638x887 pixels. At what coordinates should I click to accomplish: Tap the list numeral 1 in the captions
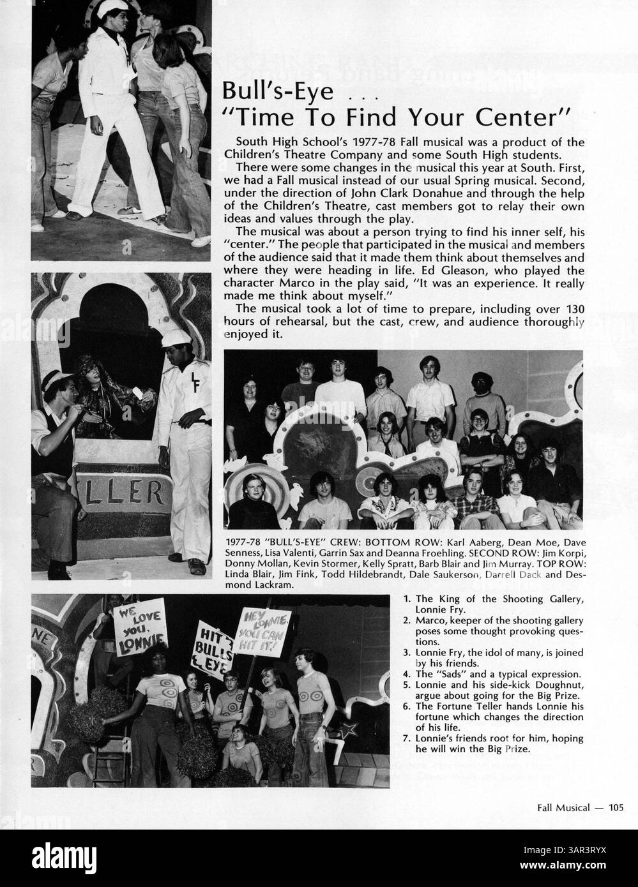[407, 599]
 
